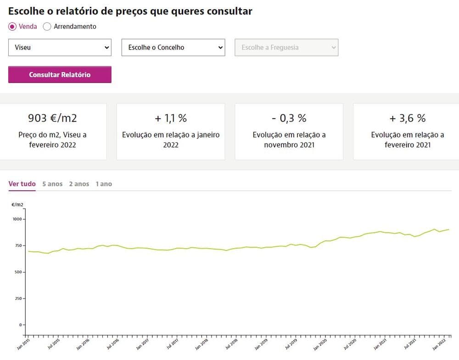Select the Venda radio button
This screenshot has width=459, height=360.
pyautogui.click(x=12, y=27)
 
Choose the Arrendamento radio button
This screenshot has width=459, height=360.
pyautogui.click(x=47, y=27)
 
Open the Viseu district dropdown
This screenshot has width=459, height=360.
pyautogui.click(x=60, y=47)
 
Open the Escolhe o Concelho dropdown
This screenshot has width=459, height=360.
pyautogui.click(x=173, y=47)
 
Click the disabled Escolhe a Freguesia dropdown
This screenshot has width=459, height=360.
pyautogui.click(x=286, y=47)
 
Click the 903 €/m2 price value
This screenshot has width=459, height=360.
pyautogui.click(x=53, y=118)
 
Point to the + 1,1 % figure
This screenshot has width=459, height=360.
pyautogui.click(x=171, y=118)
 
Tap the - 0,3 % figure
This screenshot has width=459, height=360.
pyautogui.click(x=289, y=118)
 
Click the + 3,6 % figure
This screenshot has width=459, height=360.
pyautogui.click(x=407, y=118)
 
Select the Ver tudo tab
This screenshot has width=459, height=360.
pyautogui.click(x=22, y=184)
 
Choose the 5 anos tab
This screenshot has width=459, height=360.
pyautogui.click(x=52, y=184)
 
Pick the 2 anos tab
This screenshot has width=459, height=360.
pyautogui.click(x=79, y=184)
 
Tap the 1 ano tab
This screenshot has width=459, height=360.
pyautogui.click(x=104, y=184)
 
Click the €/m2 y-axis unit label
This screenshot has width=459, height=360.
pyautogui.click(x=17, y=205)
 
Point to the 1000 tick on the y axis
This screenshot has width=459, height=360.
pyautogui.click(x=17, y=219)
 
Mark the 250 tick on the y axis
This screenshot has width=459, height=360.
pyautogui.click(x=18, y=299)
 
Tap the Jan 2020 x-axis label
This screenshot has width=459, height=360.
pyautogui.click(x=320, y=344)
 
